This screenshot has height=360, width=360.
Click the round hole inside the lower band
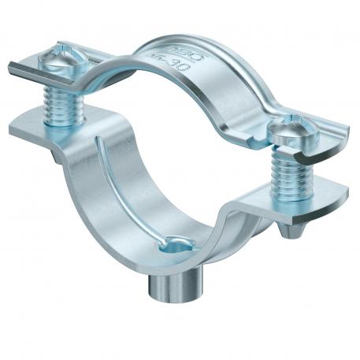[x=171, y=247]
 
